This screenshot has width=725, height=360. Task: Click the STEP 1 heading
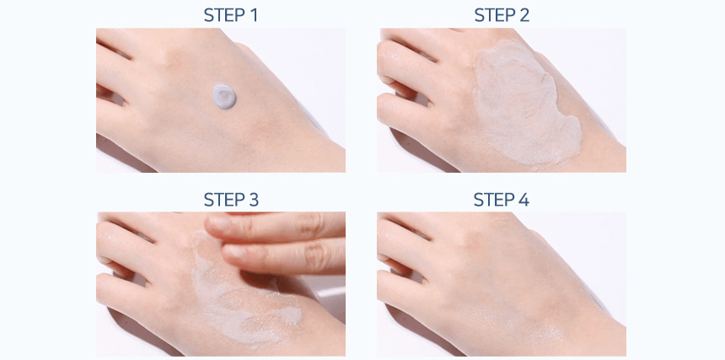coord(231,15)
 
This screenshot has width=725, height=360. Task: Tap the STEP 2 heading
coord(502,15)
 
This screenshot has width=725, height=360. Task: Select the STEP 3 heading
coord(231,200)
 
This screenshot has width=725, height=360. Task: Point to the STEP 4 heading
coord(502,200)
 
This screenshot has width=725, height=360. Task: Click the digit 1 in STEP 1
coord(253,15)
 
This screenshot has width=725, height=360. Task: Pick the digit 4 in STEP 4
coord(524,200)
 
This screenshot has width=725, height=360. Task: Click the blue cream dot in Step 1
coord(224,95)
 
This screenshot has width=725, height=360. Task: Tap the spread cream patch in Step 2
coord(525,103)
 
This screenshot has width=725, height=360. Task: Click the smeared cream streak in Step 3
coord(243,296)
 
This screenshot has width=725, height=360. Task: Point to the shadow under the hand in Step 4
coord(416,333)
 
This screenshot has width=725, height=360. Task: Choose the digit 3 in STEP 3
coord(254,200)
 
